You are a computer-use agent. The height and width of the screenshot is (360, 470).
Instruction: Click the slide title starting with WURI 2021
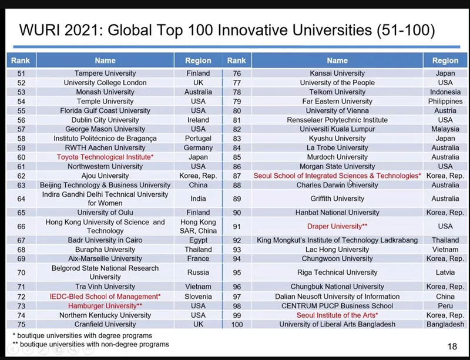tap(227, 29)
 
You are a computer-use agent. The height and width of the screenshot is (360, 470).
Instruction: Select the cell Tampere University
tap(105, 73)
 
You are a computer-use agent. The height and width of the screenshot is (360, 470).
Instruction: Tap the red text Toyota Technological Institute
tap(105, 157)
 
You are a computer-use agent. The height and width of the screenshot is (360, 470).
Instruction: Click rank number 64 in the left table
tap(22, 198)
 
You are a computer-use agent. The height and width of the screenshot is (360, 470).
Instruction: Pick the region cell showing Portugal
tap(198, 139)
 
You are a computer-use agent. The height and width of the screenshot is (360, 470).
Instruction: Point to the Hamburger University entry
tap(105, 306)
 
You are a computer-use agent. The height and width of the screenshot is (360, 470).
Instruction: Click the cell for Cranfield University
tap(105, 324)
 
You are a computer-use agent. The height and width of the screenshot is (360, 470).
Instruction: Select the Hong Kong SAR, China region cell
tap(198, 226)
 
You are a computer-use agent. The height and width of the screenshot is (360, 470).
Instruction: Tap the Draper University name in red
tap(337, 226)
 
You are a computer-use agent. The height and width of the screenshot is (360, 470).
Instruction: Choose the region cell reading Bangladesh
tap(445, 324)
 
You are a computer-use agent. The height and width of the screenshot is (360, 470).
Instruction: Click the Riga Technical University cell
tap(337, 272)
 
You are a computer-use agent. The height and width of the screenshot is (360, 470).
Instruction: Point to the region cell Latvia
tap(445, 272)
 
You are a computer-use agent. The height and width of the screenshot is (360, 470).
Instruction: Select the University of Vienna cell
tap(337, 110)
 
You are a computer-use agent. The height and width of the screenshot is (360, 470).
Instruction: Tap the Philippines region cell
tap(445, 101)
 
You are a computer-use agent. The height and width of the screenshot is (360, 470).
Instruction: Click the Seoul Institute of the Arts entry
tap(337, 315)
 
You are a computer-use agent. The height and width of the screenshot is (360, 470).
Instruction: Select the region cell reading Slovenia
tap(198, 297)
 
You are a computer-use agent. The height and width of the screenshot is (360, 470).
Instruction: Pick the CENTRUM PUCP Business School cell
tap(337, 306)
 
